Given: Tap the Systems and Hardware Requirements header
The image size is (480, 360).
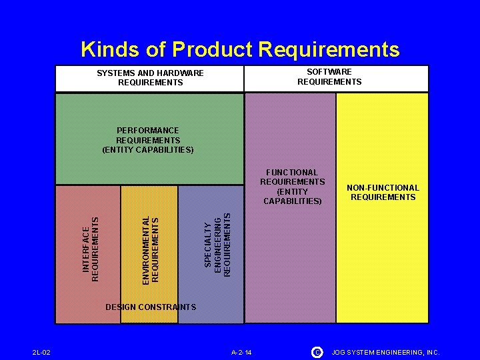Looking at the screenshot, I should pyautogui.click(x=150, y=78).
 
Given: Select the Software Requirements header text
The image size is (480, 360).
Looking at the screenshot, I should pyautogui.click(x=329, y=77).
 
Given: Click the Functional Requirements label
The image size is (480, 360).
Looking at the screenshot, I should pyautogui.click(x=293, y=177).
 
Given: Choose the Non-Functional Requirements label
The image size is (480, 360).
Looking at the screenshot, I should pyautogui.click(x=383, y=192).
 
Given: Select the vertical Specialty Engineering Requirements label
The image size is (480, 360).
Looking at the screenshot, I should pyautogui.click(x=217, y=245).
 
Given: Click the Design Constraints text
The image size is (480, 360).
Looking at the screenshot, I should pyautogui.click(x=151, y=307).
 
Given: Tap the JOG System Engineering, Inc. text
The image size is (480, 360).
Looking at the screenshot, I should pyautogui.click(x=386, y=352).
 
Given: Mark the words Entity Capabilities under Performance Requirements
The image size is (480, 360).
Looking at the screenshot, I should pyautogui.click(x=148, y=150).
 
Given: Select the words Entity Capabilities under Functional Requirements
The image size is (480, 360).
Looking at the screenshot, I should pyautogui.click(x=293, y=196).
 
